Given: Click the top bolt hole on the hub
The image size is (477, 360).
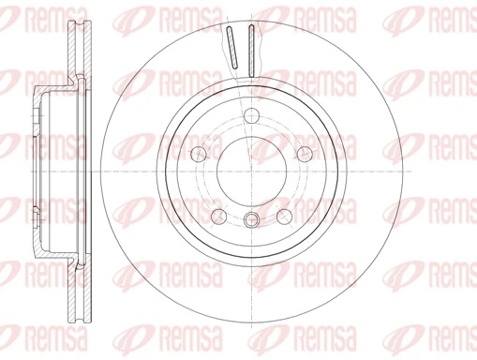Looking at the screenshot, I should point(251,116).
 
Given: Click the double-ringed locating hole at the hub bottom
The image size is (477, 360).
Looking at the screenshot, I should point(250,221).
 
